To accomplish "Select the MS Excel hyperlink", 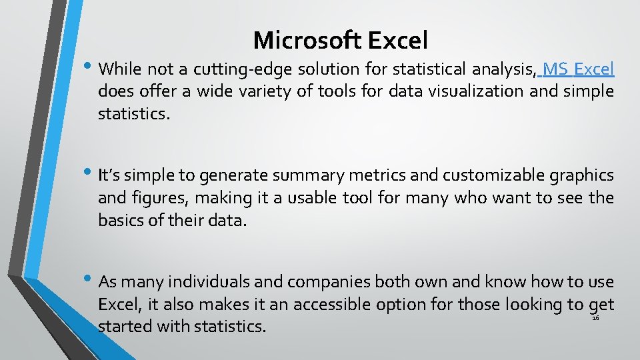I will pos(579,69).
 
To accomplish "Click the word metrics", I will pos(377,176).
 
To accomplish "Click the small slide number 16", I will pos(596,319).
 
